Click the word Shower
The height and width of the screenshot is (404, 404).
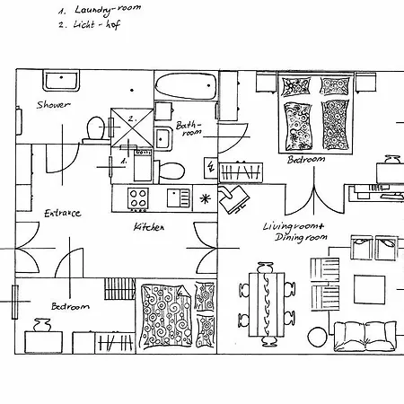pos(53,105)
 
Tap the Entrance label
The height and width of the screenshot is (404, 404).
pos(63,213)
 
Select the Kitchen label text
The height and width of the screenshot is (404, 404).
pos(149,227)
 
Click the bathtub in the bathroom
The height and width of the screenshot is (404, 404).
pos(186,88)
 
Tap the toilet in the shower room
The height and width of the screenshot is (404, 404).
pos(93,130)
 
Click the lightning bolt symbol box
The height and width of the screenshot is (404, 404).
pos(210,168)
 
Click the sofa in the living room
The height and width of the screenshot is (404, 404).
pos(364,336)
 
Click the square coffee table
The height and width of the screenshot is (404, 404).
pos(368,289)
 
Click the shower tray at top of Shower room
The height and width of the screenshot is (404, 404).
pos(64,82)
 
